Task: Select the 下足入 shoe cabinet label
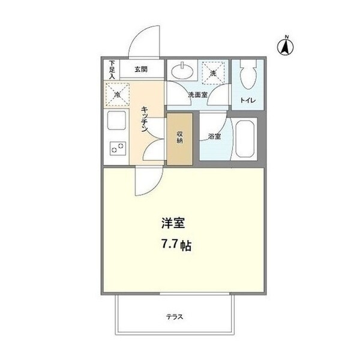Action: click(x=112, y=68)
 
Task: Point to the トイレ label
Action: click(x=248, y=101)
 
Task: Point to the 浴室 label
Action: click(x=214, y=136)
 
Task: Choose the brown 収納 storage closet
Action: click(x=180, y=139)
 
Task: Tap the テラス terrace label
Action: click(x=175, y=317)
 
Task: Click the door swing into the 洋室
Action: click(x=146, y=182)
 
